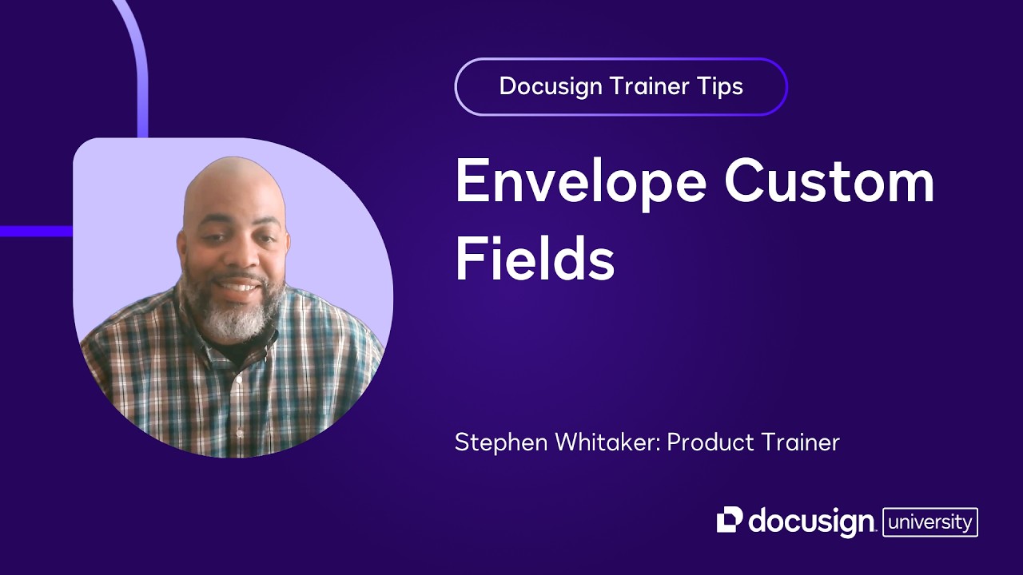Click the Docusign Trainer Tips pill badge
coord(621,86)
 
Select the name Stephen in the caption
coord(495,442)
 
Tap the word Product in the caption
coord(712,442)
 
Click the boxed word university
coord(930,522)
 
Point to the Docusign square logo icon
coord(730,520)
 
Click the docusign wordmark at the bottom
coord(811,522)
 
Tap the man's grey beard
coord(236,315)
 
